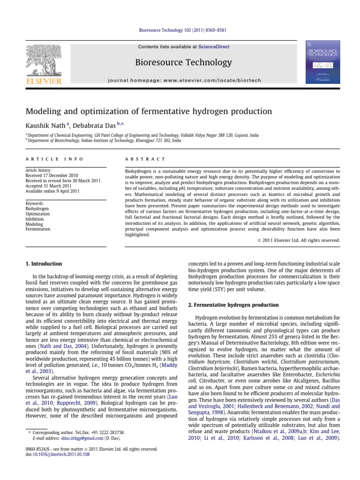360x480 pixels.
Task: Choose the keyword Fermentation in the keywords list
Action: [37, 229]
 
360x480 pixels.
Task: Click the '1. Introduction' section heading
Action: [43, 264]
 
